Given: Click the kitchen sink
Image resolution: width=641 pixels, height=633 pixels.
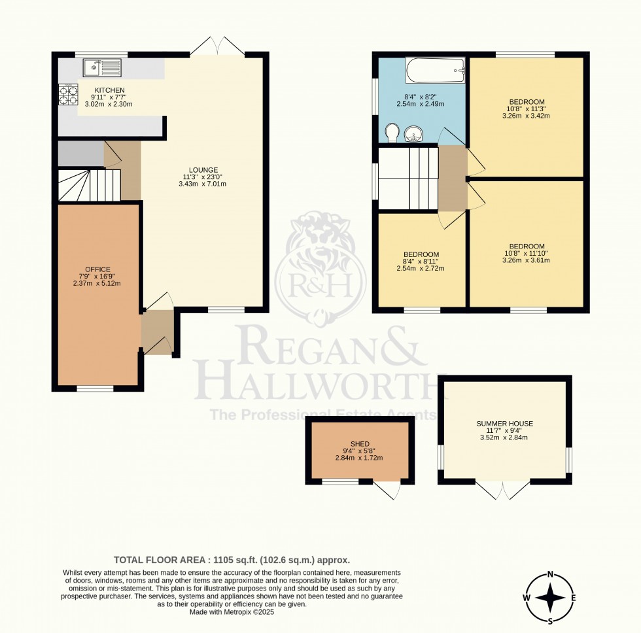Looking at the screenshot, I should pyautogui.click(x=102, y=67).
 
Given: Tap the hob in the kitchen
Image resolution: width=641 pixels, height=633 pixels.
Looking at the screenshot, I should pyautogui.click(x=69, y=95).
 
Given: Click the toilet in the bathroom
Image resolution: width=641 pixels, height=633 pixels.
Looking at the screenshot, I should pyautogui.click(x=392, y=133).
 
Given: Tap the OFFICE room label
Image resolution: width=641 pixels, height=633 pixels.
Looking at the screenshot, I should pyautogui.click(x=97, y=269).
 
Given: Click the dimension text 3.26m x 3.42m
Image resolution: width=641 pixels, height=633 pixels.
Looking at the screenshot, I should pyautogui.click(x=527, y=116).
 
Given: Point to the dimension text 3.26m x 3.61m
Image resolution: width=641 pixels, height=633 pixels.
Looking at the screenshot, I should pyautogui.click(x=527, y=260).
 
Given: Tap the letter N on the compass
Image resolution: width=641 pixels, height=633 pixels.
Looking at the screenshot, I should pyautogui.click(x=551, y=575).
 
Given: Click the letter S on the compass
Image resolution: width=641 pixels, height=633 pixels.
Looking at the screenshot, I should pyautogui.click(x=551, y=621).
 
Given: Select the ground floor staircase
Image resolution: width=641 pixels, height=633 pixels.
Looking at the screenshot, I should pyautogui.click(x=88, y=185).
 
